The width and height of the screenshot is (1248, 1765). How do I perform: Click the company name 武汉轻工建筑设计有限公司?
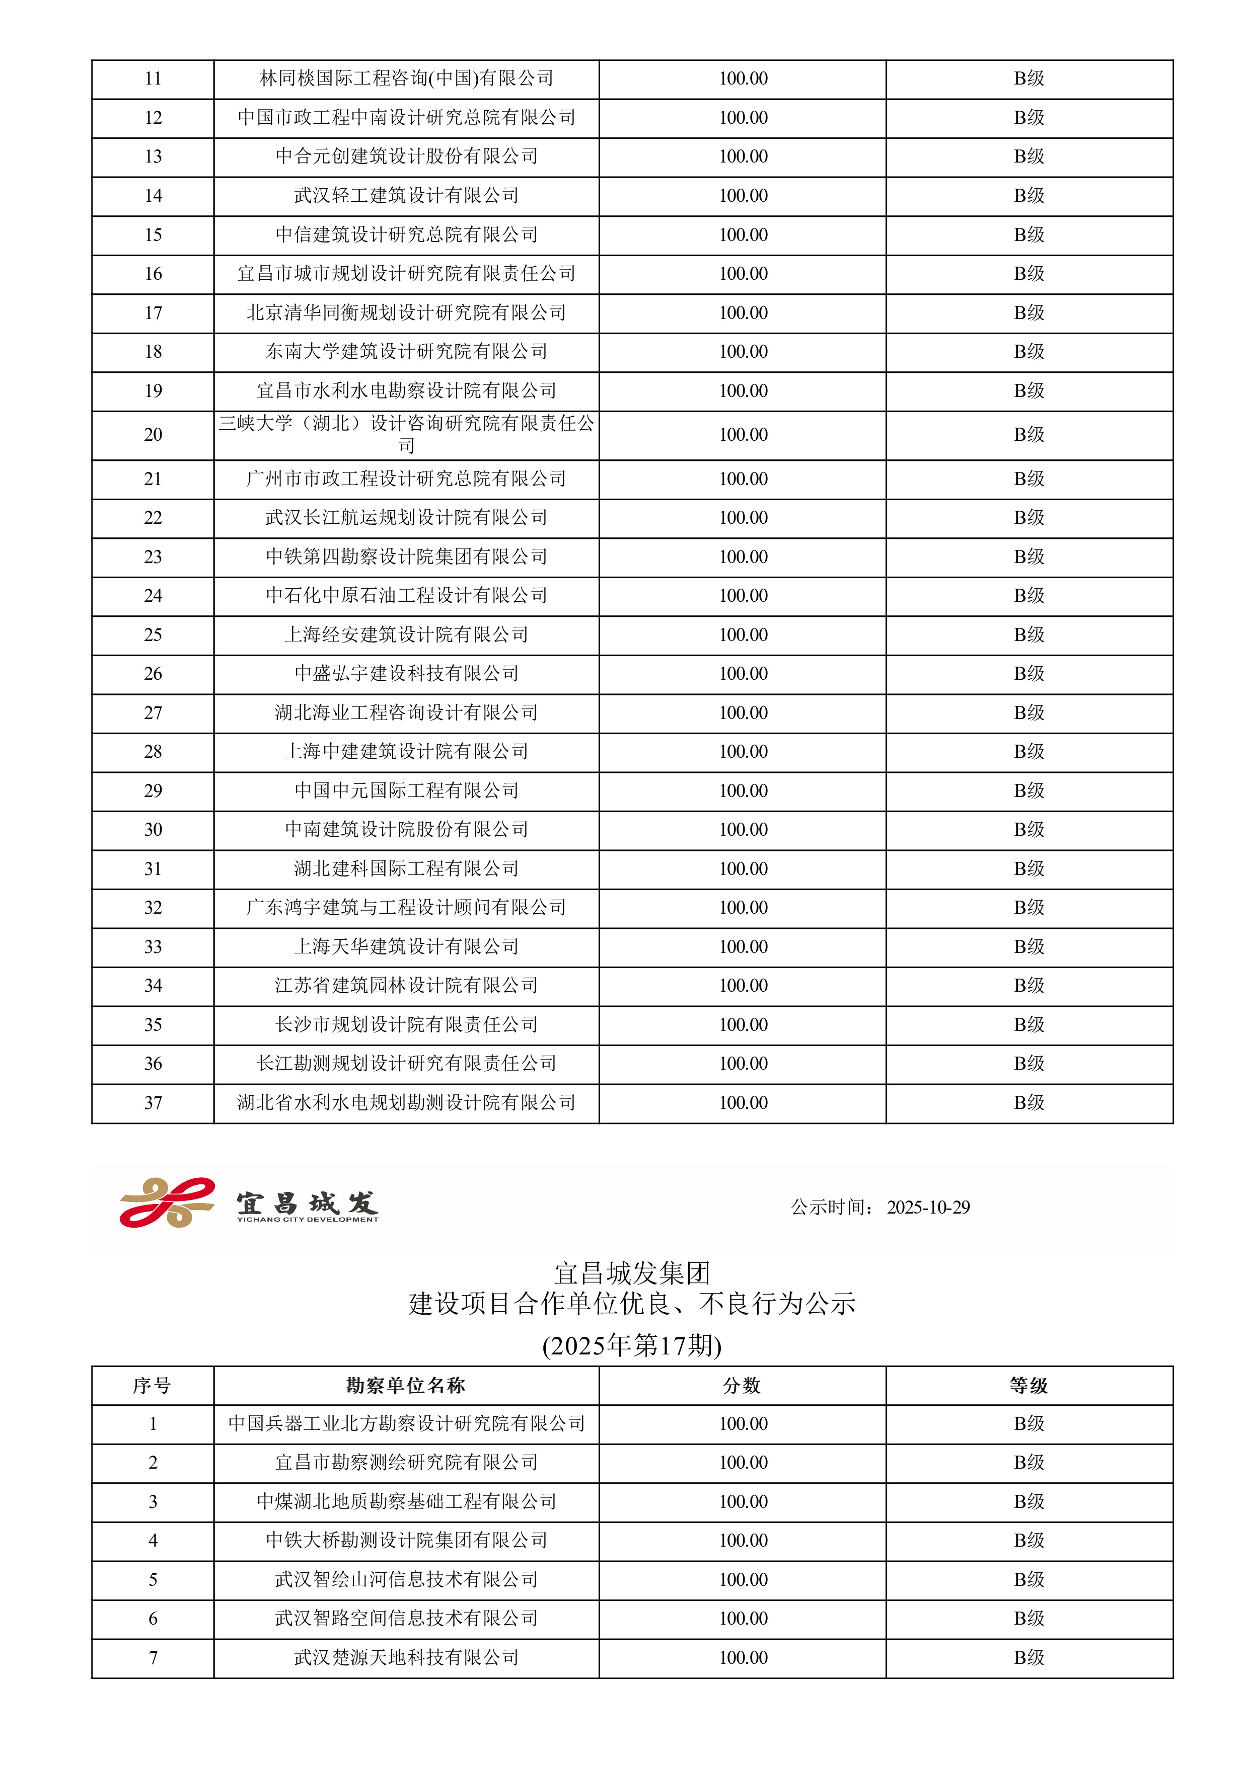406,195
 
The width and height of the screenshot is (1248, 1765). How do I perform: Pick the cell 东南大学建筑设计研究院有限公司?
406,351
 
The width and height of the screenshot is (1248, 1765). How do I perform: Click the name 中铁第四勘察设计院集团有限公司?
406,556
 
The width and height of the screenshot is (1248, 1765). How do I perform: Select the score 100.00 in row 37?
743,1102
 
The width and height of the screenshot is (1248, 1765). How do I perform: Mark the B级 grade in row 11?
1029,78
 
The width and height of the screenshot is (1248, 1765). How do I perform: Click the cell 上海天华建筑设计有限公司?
406,946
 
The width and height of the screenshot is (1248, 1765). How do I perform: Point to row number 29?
153,790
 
